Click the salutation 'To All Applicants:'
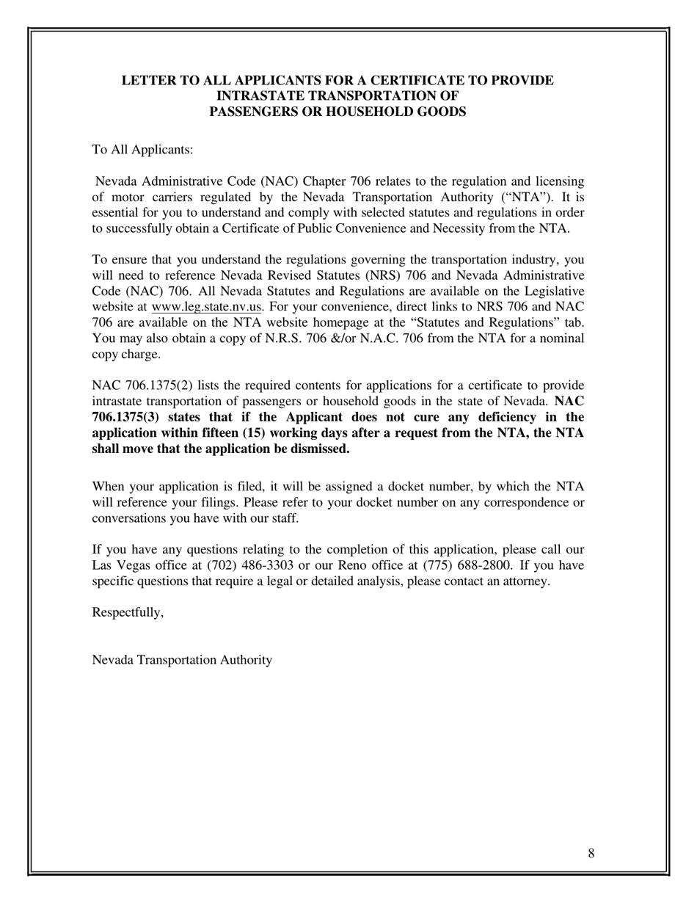coord(142,150)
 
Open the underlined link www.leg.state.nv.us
coord(206,307)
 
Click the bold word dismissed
coord(319,449)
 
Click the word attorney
coord(525,581)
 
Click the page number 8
coord(591,853)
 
